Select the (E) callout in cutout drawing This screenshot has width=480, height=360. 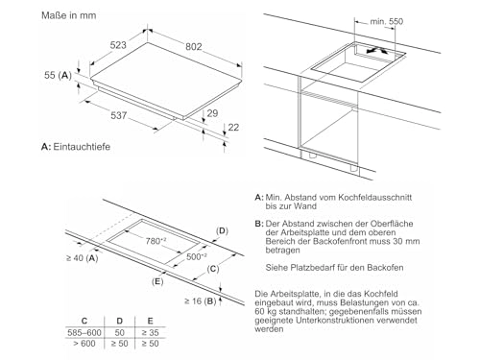157,282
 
